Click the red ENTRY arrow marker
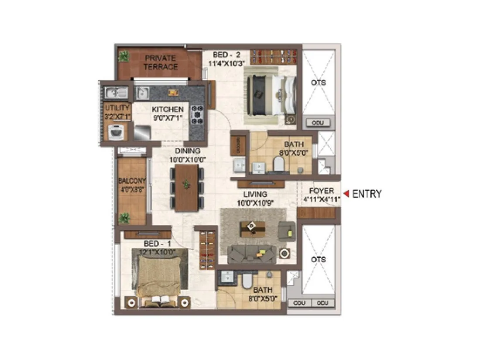(346, 193)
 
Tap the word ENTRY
(367, 194)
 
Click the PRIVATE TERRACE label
(161, 62)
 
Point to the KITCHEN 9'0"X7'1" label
(168, 113)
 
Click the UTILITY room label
(117, 112)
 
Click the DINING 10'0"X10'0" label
(188, 155)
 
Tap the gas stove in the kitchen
(197, 114)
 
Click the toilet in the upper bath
(278, 164)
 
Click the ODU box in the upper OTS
(318, 123)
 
